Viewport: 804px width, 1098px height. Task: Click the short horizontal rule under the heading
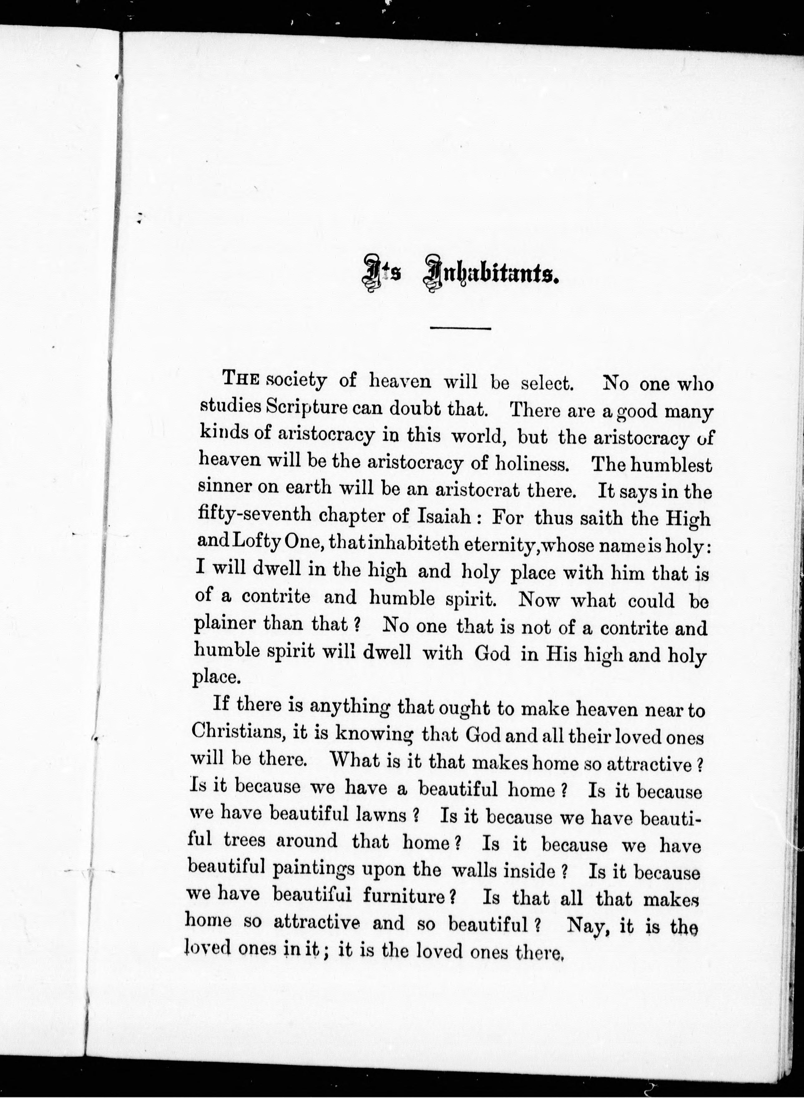[460, 329]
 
